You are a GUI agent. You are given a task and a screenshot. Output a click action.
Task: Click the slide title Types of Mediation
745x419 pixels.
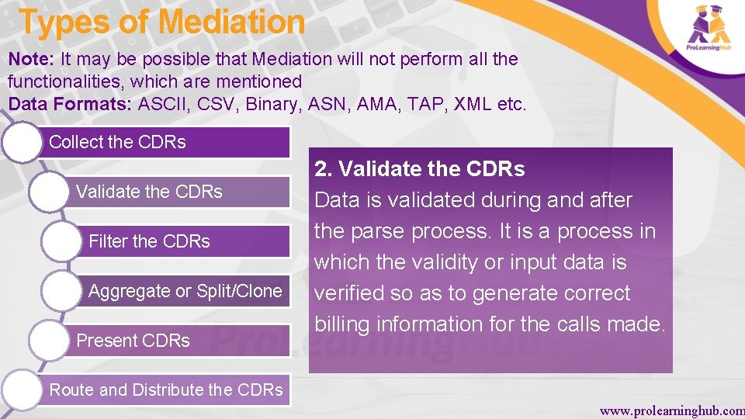tap(161, 23)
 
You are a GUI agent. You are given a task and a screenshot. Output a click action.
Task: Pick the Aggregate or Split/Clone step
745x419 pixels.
tap(185, 291)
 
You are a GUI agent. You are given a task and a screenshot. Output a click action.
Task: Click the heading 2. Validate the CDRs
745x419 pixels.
tap(419, 169)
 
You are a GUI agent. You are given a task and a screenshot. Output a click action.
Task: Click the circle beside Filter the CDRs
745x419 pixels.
tap(62, 241)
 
